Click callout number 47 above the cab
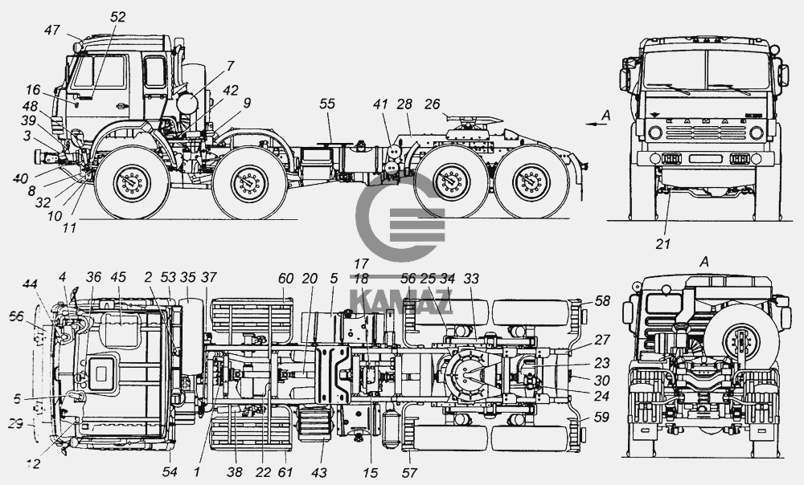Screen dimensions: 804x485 click(52, 31)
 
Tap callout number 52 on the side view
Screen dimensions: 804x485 click(117, 17)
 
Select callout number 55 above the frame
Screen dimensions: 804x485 click(326, 104)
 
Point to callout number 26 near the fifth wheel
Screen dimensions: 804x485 click(432, 104)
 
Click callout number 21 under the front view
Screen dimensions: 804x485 click(662, 244)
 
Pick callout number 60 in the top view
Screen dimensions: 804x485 click(285, 278)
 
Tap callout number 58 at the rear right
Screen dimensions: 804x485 click(602, 300)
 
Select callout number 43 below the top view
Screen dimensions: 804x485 click(318, 472)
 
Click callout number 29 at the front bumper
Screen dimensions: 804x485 click(16, 423)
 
